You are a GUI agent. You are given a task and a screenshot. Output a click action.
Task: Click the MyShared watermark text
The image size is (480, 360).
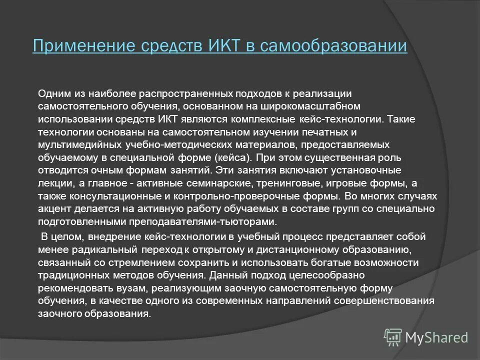point(436,337)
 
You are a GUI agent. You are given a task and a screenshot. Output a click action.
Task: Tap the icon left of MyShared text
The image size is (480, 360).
point(393,337)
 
